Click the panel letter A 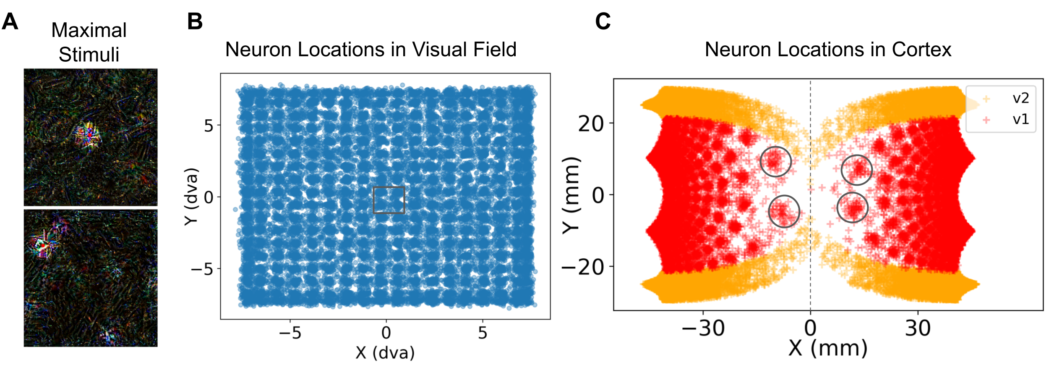pos(10,21)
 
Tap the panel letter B pos(195,21)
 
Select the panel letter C pos(603,21)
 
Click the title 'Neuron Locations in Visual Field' pos(371,50)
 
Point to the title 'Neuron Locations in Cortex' pos(828,50)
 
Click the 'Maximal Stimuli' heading pos(89,42)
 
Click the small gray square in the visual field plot pos(389,200)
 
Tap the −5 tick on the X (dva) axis pos(290,333)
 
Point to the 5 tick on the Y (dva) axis pos(209,126)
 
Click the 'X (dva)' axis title pos(385,353)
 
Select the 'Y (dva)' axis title pos(191,197)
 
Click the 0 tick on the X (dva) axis pos(386,333)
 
